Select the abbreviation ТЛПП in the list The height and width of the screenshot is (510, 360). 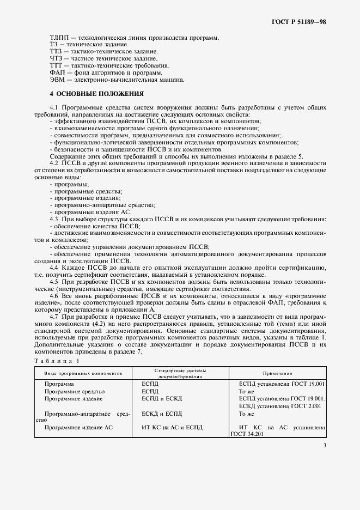point(59,38)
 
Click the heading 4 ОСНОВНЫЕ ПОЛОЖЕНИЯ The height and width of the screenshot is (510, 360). point(96,93)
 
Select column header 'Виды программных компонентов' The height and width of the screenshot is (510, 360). point(83,374)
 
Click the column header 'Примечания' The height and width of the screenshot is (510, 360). point(277,374)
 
